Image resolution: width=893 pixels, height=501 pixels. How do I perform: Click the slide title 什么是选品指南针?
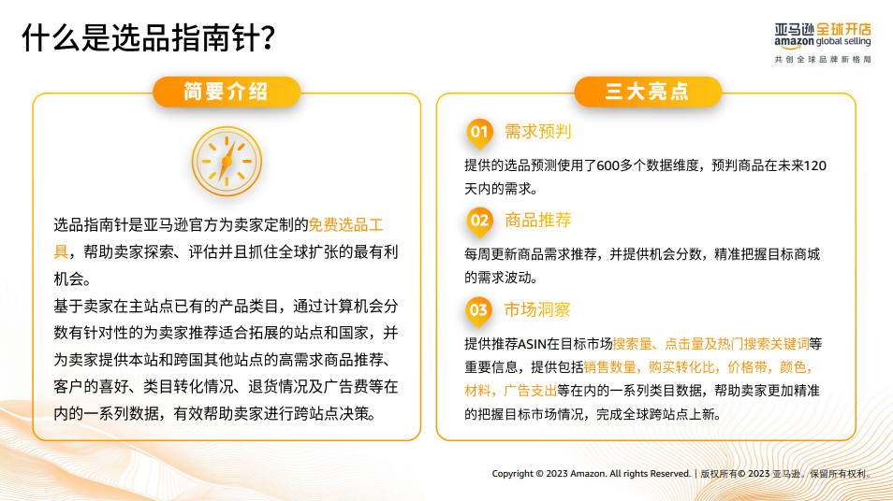[148, 38]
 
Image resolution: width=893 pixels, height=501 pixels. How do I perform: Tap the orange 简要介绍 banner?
[227, 92]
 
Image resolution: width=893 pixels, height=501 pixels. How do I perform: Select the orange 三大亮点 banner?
[648, 92]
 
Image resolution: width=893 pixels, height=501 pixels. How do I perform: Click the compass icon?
[227, 162]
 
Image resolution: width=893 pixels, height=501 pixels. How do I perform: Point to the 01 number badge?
[479, 133]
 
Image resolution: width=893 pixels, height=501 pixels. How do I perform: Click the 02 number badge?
[479, 222]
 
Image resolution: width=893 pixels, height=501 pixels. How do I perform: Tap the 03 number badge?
[479, 310]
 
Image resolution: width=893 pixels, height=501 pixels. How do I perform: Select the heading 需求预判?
[537, 132]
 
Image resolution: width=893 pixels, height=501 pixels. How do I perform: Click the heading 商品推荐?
[537, 221]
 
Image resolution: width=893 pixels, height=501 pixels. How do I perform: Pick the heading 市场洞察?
[537, 310]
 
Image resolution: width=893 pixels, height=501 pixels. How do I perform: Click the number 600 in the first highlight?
[608, 165]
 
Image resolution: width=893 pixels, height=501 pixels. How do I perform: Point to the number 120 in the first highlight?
[814, 165]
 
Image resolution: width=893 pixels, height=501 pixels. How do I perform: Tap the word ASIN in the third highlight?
[532, 344]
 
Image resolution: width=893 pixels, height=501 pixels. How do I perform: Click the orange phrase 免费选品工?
[345, 225]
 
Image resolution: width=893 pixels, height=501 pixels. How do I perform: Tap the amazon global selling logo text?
[823, 42]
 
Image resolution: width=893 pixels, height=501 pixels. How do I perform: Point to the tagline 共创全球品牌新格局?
[823, 59]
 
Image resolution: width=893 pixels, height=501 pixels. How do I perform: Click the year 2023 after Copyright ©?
[557, 474]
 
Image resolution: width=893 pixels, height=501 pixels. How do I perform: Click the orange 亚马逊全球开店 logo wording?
[844, 29]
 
